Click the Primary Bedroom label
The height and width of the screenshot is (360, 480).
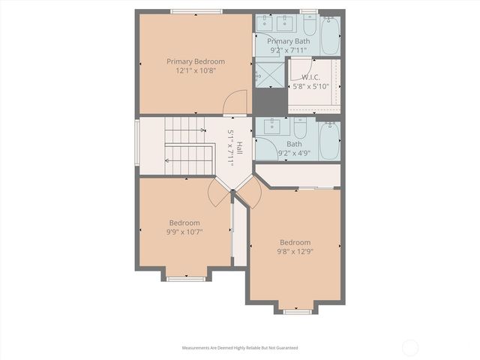tap(196, 61)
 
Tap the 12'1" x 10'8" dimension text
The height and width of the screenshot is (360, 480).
tap(196, 71)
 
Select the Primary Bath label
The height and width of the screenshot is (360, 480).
tap(288, 41)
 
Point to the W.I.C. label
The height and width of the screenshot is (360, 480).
tap(310, 77)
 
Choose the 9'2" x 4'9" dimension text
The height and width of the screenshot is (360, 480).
tap(294, 153)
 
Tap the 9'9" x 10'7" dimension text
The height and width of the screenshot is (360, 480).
tap(184, 232)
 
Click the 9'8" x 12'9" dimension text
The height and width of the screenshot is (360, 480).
tap(295, 252)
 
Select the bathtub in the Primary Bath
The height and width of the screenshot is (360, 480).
tap(330, 35)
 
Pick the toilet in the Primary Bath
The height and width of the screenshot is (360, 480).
tap(310, 25)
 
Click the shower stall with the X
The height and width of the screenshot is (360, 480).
tap(270, 75)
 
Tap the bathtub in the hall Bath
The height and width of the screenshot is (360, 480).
tap(329, 141)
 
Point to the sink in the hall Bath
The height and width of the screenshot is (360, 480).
tap(271, 127)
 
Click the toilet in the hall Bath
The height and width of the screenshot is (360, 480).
tap(300, 128)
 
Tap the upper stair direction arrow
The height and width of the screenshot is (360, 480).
tap(185, 130)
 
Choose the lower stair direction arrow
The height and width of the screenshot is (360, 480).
tap(188, 160)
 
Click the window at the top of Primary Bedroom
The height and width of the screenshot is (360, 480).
tap(196, 12)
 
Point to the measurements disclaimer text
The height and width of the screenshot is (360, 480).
tap(240, 348)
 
